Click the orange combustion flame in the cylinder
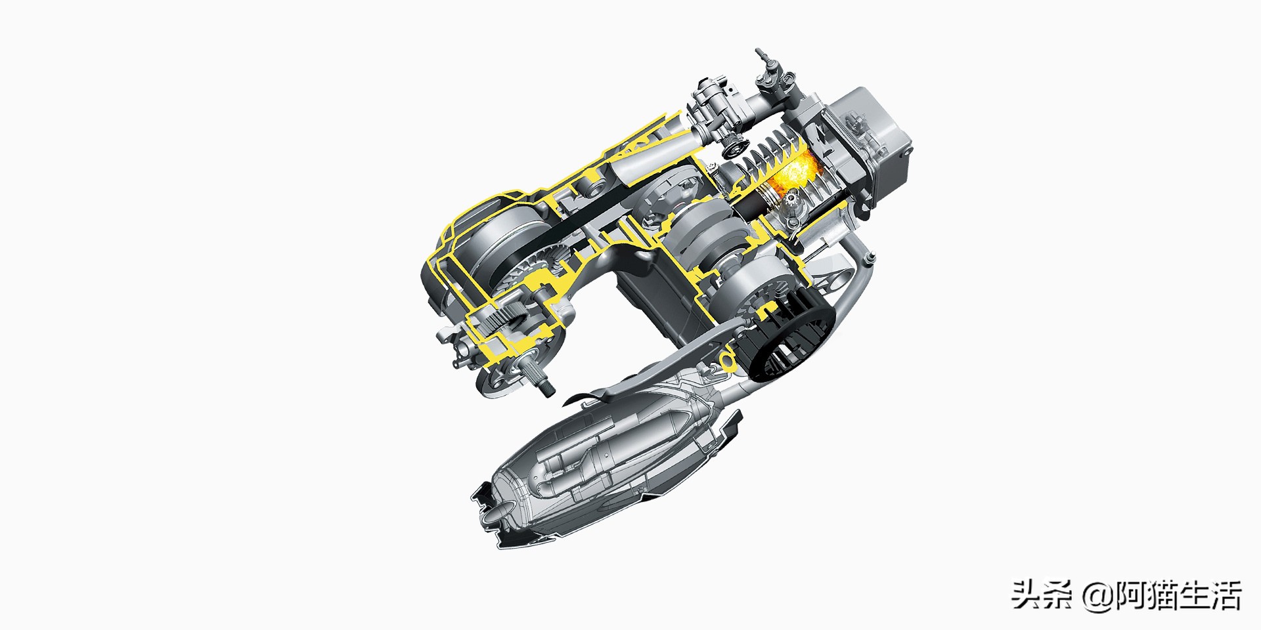pos(793,172)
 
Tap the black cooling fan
pos(788,341)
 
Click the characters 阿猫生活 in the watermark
pos(1179,595)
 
